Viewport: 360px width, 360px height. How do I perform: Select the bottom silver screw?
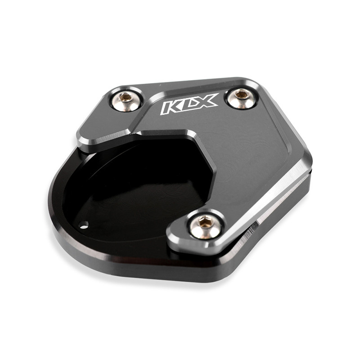tap(205, 226)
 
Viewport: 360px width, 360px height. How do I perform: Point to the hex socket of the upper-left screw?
tap(126, 97)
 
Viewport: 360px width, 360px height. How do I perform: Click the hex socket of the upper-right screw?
tap(241, 94)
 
